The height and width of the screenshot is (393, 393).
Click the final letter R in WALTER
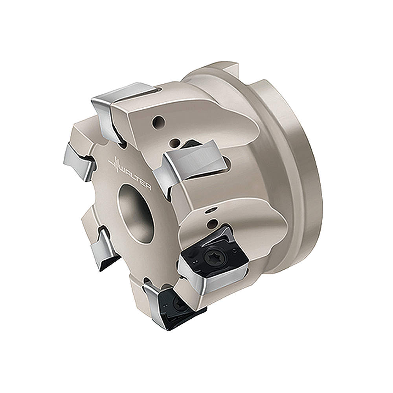pos(147,187)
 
